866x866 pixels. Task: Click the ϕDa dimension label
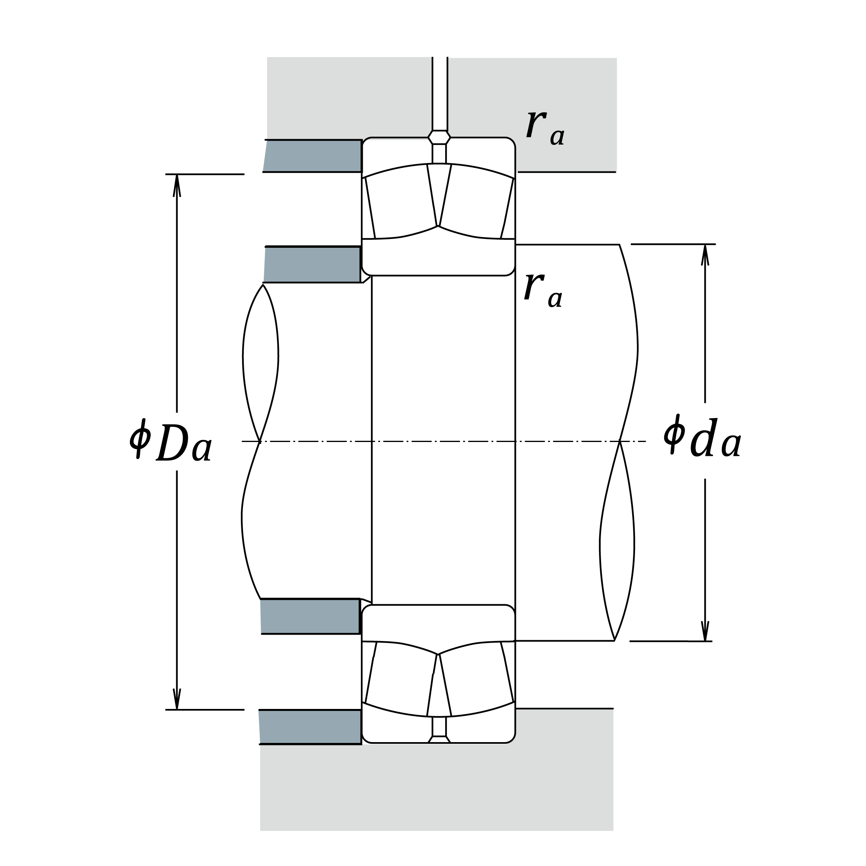click(x=170, y=441)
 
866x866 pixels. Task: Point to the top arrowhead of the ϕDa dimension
click(x=177, y=185)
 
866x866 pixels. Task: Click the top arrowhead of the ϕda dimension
click(x=705, y=255)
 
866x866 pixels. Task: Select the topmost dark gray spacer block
click(x=313, y=156)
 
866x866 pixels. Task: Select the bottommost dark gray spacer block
click(x=310, y=727)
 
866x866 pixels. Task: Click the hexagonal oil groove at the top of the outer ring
click(x=439, y=137)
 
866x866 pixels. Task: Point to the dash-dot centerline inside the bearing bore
click(x=443, y=442)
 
